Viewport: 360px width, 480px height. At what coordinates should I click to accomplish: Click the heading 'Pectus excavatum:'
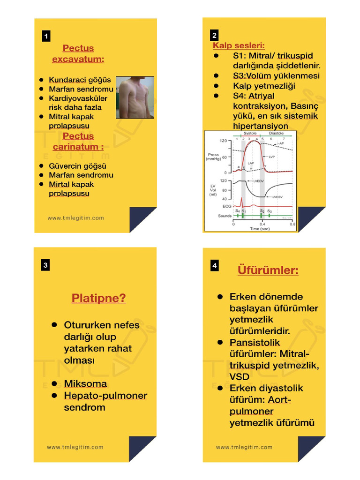(78, 54)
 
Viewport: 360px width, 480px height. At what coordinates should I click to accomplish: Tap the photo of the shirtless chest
(135, 98)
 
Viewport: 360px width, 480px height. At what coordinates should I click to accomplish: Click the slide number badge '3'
(45, 265)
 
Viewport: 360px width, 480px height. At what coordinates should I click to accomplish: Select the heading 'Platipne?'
(98, 298)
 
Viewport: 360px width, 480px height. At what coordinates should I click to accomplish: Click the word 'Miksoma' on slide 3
(85, 384)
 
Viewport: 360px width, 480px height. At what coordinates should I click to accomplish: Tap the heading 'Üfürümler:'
(268, 270)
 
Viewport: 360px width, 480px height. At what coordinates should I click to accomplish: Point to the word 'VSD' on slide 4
(239, 376)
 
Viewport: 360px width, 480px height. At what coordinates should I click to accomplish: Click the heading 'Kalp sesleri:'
(239, 45)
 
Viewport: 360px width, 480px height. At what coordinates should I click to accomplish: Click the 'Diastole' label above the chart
(276, 134)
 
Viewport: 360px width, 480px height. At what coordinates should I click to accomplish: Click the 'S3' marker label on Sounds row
(270, 212)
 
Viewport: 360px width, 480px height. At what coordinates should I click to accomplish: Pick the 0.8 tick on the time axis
(292, 224)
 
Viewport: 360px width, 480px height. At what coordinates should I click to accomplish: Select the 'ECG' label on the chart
(226, 206)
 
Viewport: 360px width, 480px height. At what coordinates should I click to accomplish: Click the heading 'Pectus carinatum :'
(78, 141)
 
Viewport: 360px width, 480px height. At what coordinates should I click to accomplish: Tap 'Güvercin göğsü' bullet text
(77, 166)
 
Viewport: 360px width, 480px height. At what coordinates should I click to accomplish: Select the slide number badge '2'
(214, 36)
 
